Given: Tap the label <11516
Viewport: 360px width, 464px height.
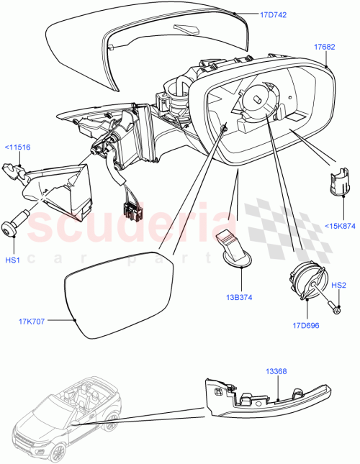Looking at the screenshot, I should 17,147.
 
